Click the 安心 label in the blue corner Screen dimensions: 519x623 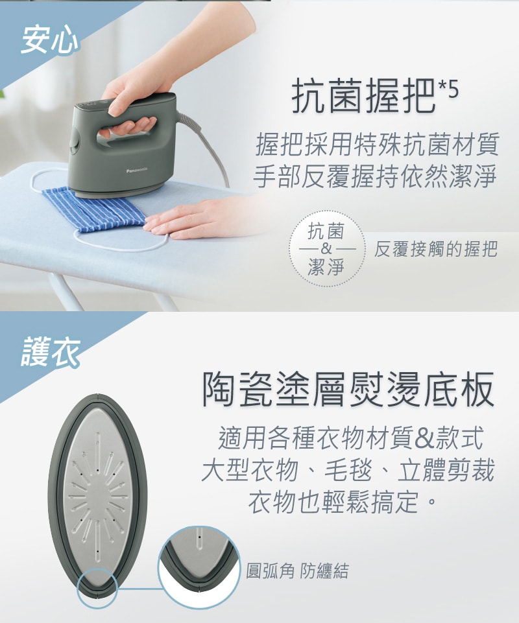(50, 40)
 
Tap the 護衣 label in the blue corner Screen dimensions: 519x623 (50, 351)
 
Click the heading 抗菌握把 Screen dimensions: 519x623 (363, 96)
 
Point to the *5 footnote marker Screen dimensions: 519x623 (448, 89)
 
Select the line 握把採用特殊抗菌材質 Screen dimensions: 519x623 (377, 145)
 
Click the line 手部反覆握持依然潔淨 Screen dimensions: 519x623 (374, 176)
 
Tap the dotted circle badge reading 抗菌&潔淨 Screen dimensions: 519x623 (326, 249)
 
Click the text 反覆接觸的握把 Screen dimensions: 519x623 (435, 250)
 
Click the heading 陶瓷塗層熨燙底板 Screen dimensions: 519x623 (348, 390)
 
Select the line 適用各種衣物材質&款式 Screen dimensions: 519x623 (350, 438)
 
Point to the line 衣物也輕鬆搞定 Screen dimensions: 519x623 (341, 502)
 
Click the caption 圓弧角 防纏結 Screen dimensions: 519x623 (297, 571)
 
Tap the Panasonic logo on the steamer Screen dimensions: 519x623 (137, 170)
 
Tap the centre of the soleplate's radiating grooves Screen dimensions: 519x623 (97, 495)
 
